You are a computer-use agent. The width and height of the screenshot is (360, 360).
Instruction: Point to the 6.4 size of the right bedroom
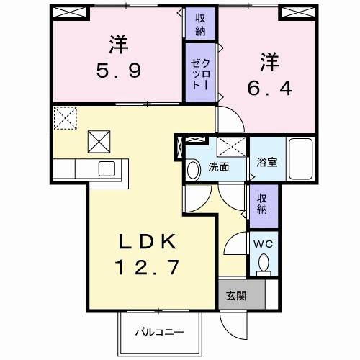click(x=269, y=88)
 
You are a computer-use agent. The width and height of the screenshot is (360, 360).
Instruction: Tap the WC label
click(x=263, y=243)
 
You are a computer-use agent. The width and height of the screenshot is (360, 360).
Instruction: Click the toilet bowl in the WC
click(x=264, y=262)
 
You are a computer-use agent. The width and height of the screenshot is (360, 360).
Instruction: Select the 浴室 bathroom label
click(x=266, y=162)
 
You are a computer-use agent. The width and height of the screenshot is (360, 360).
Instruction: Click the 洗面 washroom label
click(x=218, y=167)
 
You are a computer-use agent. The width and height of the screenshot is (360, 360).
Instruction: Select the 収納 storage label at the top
click(x=199, y=23)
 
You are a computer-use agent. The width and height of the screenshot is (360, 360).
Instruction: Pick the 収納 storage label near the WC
click(x=262, y=204)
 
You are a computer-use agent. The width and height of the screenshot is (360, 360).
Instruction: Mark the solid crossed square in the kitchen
click(x=99, y=142)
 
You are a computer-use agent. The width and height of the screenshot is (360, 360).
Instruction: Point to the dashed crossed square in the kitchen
click(x=64, y=117)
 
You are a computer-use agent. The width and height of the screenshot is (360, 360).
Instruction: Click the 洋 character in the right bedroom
click(x=269, y=60)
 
